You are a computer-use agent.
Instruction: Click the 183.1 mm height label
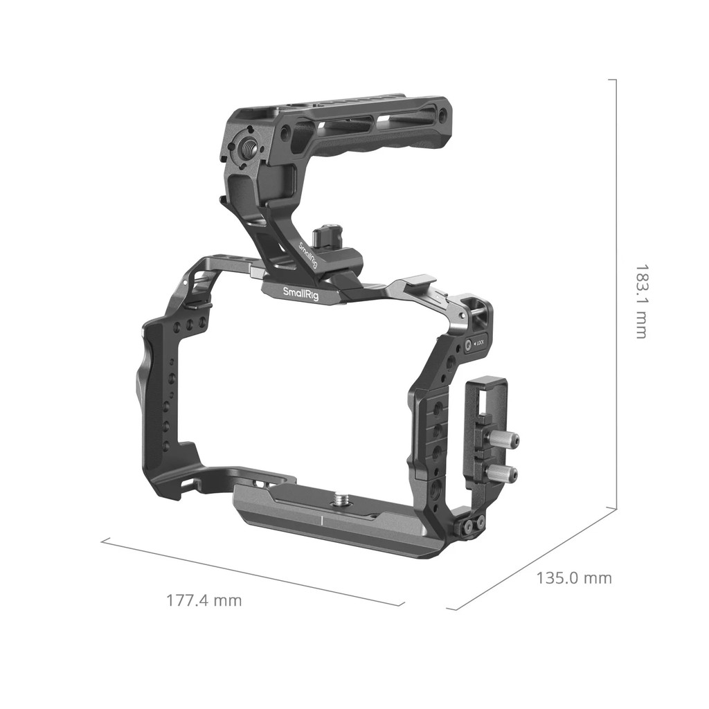[x=642, y=301]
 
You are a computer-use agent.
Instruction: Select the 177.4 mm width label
[x=204, y=600]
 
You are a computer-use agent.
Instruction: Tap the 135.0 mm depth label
[x=574, y=577]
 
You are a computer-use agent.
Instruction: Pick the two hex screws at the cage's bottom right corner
[x=472, y=526]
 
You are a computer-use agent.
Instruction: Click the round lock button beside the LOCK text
[x=469, y=343]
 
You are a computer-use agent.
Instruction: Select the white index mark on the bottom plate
[x=322, y=519]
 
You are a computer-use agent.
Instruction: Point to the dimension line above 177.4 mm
[x=253, y=572]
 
